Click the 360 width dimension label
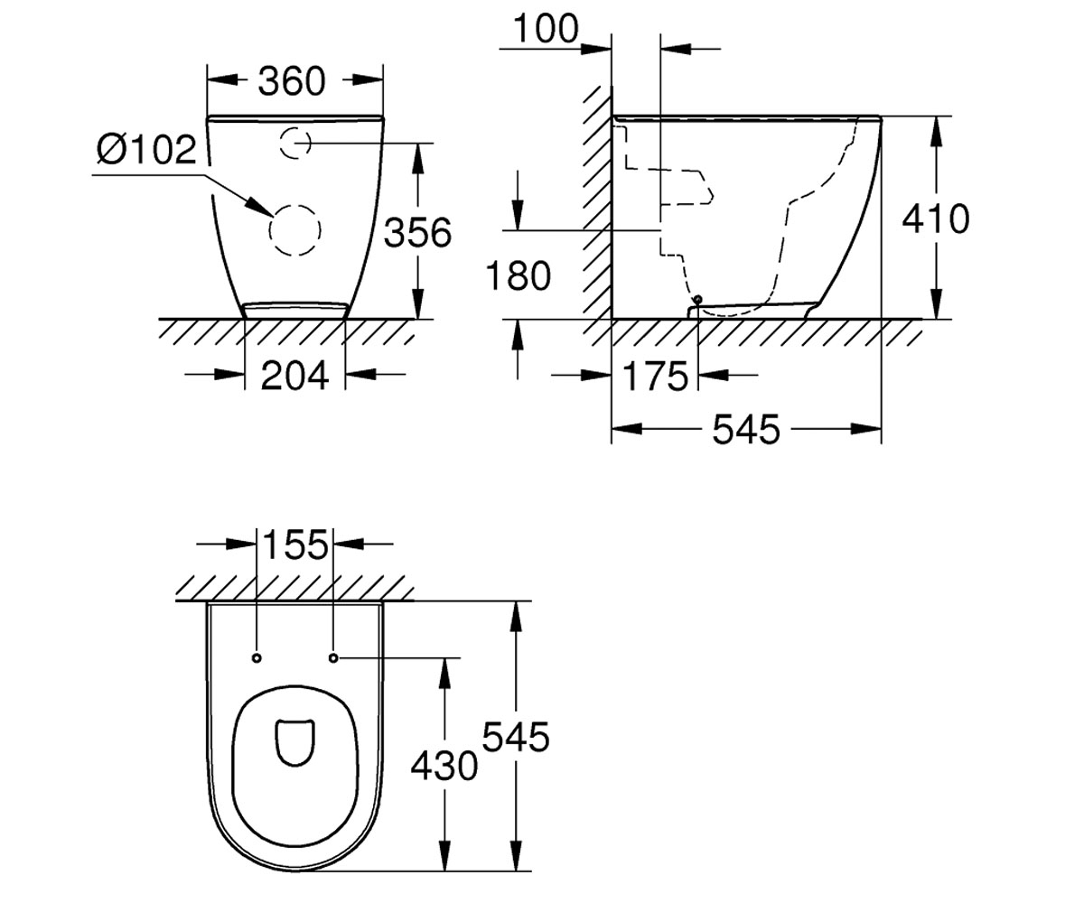[291, 81]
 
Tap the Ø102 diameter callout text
[146, 150]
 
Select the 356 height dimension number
[418, 232]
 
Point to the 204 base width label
[294, 376]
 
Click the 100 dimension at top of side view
[546, 29]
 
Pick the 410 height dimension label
[936, 219]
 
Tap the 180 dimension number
[518, 275]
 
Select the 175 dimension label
[655, 376]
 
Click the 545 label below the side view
[746, 429]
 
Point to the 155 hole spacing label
[296, 545]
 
